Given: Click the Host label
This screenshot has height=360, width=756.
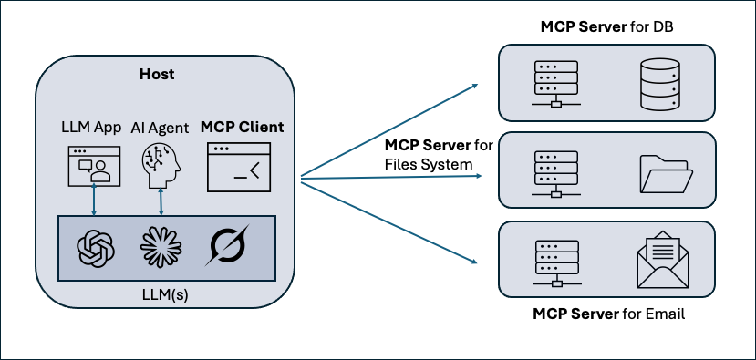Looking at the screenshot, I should coord(156,73).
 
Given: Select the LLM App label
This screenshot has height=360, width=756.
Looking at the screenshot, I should coord(91,128).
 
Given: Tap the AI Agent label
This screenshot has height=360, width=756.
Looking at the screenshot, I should coord(161,128).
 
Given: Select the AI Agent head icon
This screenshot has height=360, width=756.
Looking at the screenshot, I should coord(162,164).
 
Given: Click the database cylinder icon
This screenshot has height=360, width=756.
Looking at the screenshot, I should coord(658,85).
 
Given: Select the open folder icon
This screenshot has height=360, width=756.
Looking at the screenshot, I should coord(666,173).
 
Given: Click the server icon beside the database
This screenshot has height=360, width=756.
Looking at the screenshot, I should coord(554,84).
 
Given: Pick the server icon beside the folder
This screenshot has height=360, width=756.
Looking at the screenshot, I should coord(554,172).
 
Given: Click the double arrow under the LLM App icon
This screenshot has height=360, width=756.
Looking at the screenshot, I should coord(94,200).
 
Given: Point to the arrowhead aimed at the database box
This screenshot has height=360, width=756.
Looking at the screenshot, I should coord(474,87).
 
